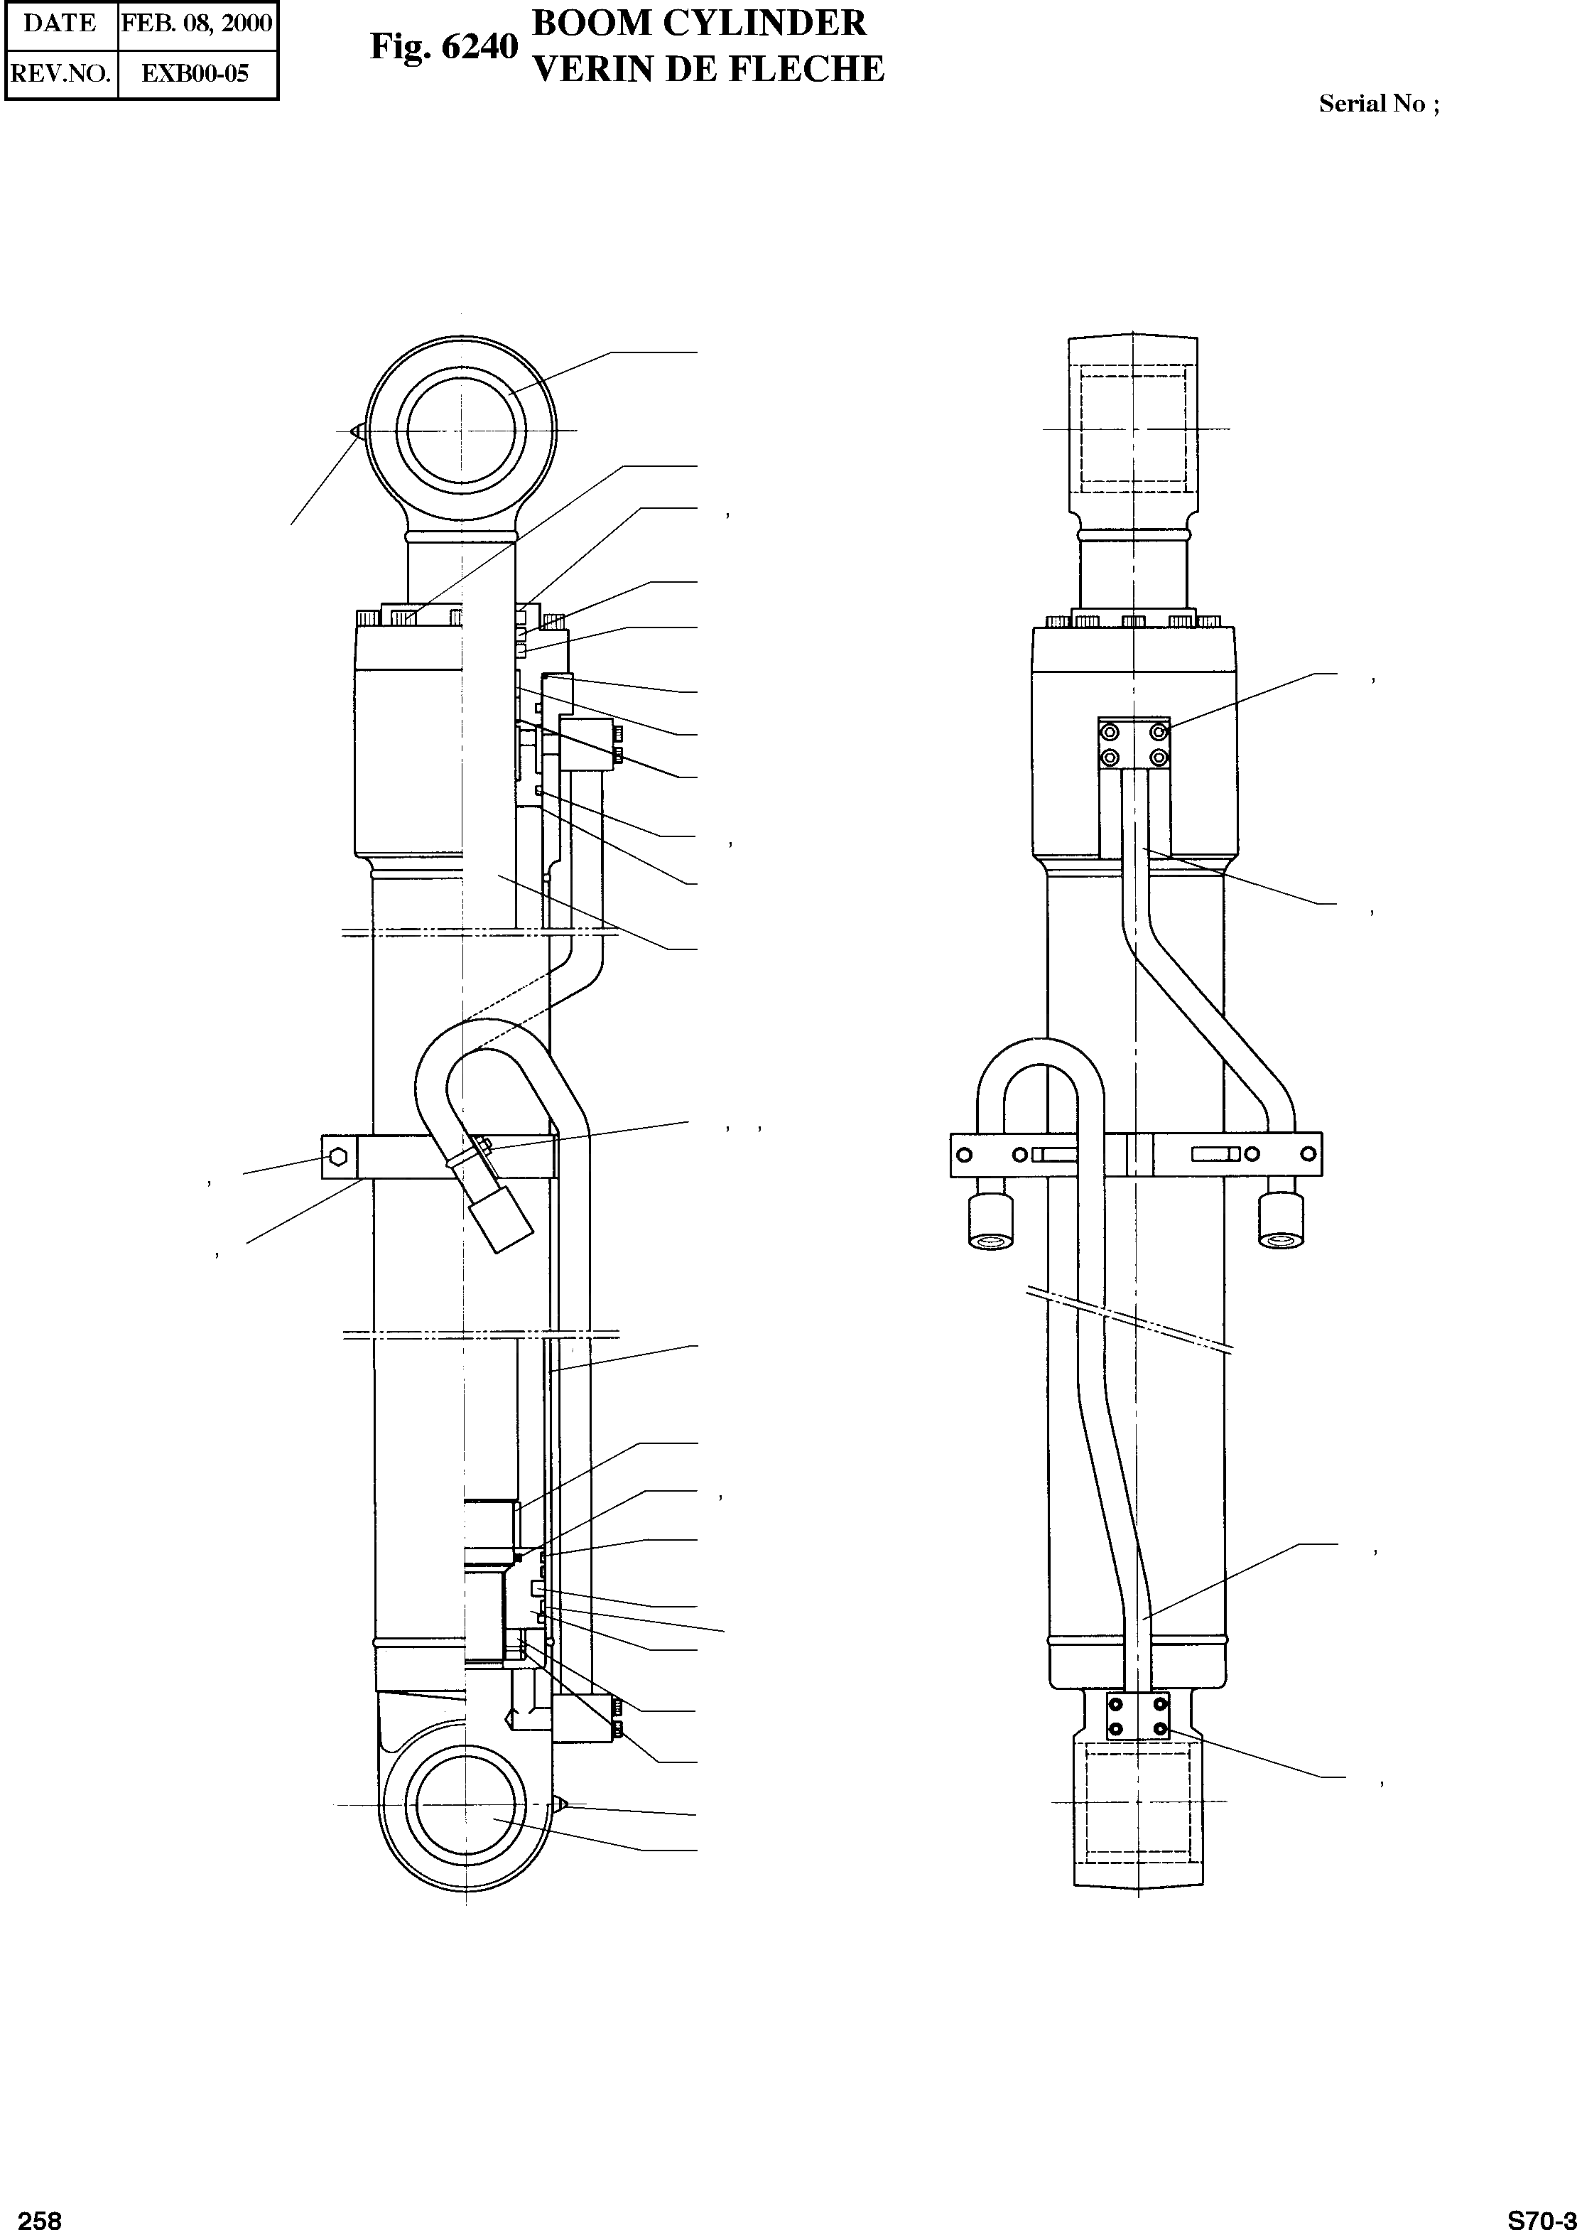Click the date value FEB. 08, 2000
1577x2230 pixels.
[197, 23]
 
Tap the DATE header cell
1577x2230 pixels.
[60, 23]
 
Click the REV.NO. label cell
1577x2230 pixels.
[60, 73]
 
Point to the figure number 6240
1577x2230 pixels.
[479, 47]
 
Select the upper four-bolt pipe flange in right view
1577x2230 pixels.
[1133, 744]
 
